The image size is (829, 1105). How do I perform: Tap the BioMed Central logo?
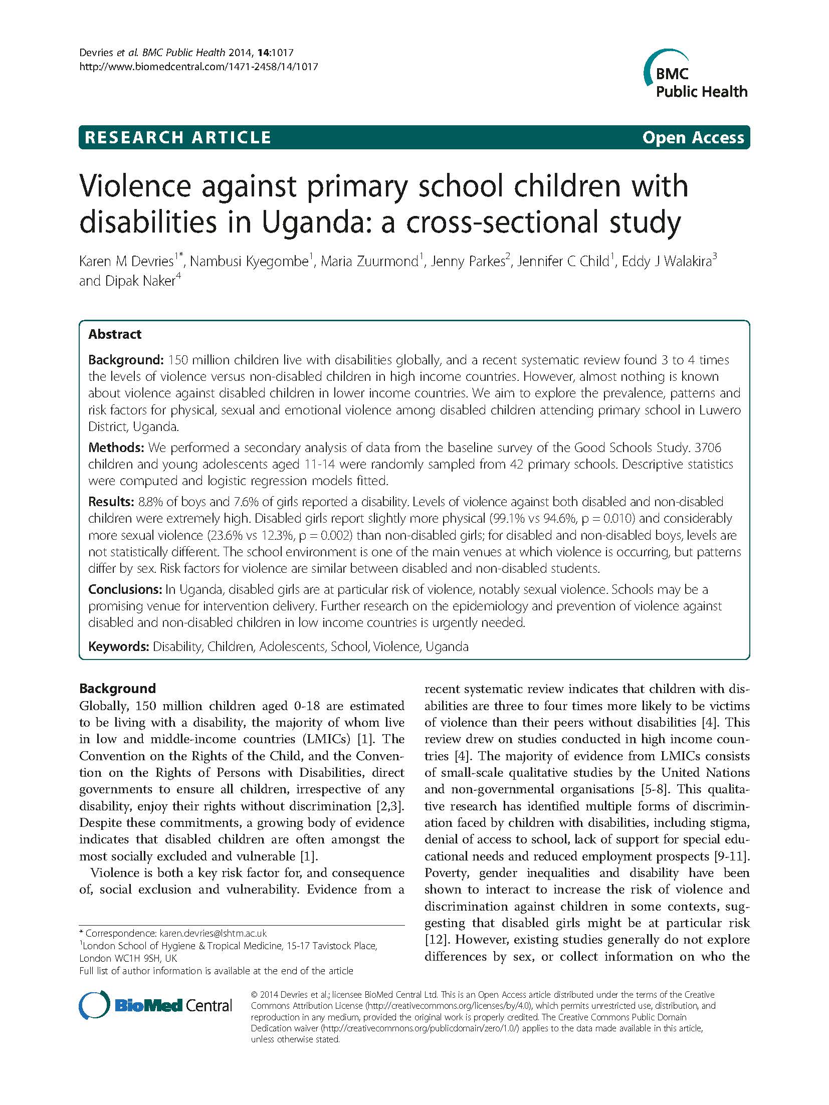[x=156, y=1005]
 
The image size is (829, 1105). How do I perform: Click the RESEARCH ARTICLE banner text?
[x=178, y=137]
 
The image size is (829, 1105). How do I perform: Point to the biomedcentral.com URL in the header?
[x=198, y=67]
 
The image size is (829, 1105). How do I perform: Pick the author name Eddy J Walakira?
[x=666, y=261]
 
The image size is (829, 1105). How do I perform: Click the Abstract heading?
[x=115, y=334]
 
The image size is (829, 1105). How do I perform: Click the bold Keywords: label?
[x=118, y=646]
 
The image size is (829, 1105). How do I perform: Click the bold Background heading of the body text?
[x=117, y=688]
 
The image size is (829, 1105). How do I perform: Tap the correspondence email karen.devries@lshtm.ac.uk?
[x=213, y=933]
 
